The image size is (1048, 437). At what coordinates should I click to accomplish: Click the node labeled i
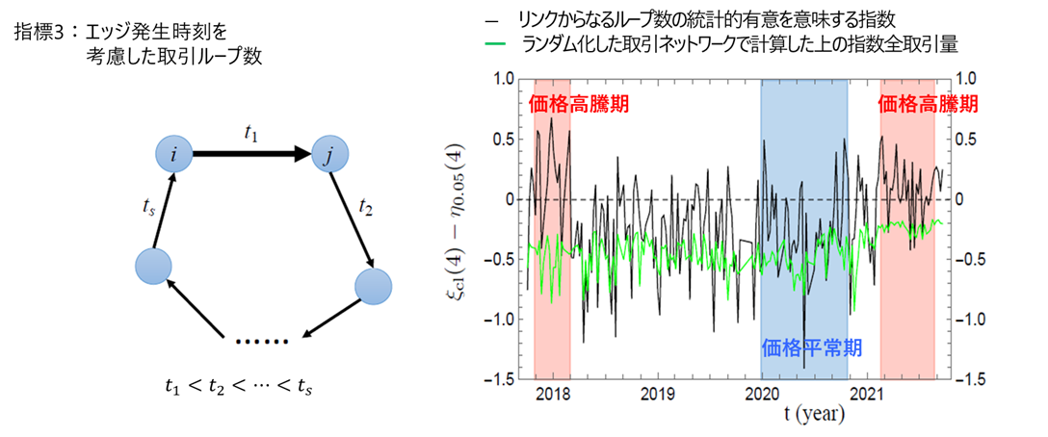174,154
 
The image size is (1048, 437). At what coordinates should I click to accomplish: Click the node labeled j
327,155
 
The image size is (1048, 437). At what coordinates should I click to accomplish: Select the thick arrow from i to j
250,154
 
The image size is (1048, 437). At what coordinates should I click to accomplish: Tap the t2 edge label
366,205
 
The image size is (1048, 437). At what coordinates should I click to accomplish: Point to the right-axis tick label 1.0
965,80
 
